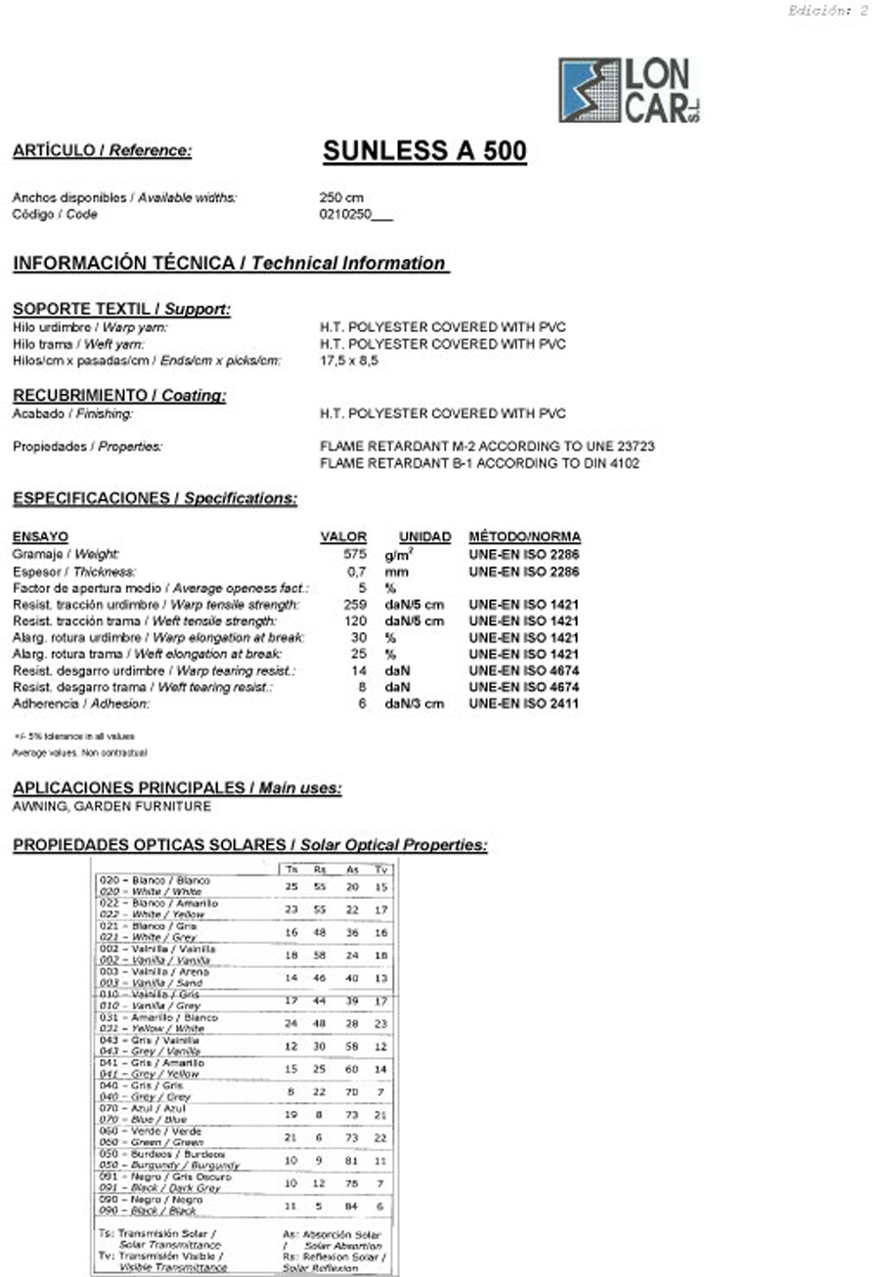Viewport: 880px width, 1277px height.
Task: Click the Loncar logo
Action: point(629,90)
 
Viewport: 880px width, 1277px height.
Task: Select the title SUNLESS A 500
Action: point(424,150)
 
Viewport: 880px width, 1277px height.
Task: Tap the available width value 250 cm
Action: point(341,197)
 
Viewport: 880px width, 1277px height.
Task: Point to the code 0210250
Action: point(346,214)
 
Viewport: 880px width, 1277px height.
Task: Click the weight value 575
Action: point(355,554)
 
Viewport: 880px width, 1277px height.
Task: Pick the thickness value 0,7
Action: point(357,571)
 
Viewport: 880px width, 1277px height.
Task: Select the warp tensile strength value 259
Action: point(355,605)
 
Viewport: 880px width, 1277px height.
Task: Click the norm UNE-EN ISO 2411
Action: point(523,703)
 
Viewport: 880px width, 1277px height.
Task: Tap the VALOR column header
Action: point(343,536)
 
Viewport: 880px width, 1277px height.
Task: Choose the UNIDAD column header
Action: point(424,536)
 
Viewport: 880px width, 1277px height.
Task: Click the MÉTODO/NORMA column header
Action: point(524,536)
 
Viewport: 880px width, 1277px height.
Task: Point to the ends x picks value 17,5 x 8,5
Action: point(349,361)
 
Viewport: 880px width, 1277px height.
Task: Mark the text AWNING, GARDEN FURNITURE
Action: point(111,806)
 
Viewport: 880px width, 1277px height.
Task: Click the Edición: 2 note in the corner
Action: point(827,11)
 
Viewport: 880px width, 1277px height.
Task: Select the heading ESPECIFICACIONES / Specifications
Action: point(154,498)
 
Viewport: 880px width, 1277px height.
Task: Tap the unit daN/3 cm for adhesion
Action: point(414,703)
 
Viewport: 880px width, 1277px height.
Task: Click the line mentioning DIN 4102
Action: point(479,463)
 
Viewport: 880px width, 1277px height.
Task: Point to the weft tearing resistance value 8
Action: point(361,687)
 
